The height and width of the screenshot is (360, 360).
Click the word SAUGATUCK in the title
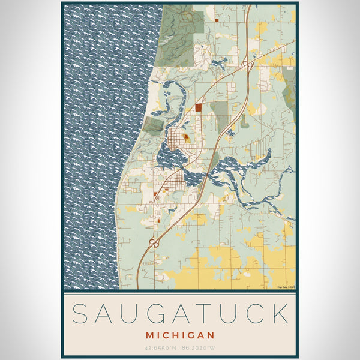point(179,314)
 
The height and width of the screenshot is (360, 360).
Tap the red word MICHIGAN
point(179,333)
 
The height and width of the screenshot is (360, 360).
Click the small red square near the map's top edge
point(217,20)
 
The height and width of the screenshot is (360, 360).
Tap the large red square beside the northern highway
point(198,108)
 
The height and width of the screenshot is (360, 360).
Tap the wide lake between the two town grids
point(168,159)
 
